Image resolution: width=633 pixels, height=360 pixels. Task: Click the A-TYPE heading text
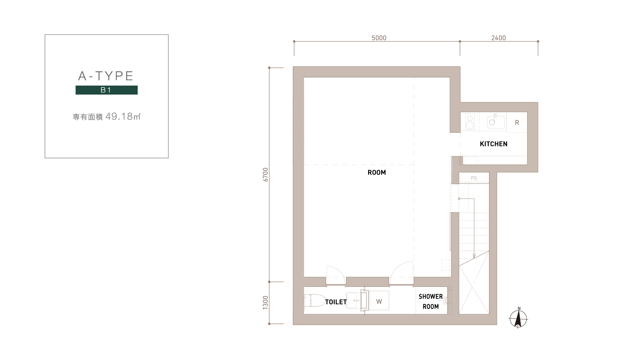click(x=106, y=76)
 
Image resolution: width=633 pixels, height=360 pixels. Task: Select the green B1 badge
click(x=106, y=90)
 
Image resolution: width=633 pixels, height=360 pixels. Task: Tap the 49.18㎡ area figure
click(x=123, y=117)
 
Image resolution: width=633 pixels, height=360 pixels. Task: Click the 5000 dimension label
click(x=379, y=38)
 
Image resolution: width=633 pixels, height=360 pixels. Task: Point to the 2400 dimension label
click(x=498, y=38)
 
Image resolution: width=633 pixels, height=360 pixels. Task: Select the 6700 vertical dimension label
click(x=265, y=174)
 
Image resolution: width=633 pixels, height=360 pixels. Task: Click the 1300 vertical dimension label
click(x=265, y=303)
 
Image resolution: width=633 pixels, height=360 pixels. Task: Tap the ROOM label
click(x=377, y=173)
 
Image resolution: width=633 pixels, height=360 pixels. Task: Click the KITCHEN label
click(x=493, y=144)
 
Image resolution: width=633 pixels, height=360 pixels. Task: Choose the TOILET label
click(x=336, y=302)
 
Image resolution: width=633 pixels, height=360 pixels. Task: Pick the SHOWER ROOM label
click(x=431, y=301)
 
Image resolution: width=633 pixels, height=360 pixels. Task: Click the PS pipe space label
click(x=474, y=178)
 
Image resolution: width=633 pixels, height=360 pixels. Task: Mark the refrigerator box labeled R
click(x=517, y=122)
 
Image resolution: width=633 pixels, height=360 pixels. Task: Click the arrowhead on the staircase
click(x=474, y=256)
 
